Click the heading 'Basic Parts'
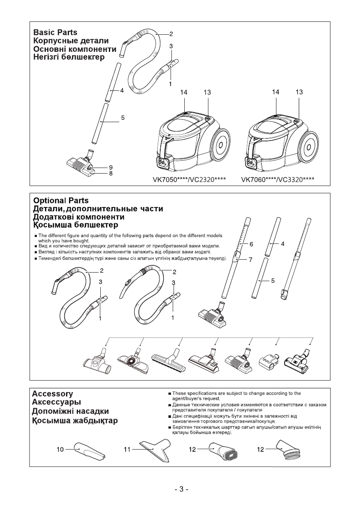click(x=55, y=33)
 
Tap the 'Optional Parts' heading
click(x=61, y=201)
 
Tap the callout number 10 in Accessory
click(x=60, y=450)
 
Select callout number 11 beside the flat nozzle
click(x=127, y=450)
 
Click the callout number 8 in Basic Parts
click(x=111, y=174)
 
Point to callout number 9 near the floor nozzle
click(x=111, y=167)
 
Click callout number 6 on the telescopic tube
click(x=252, y=244)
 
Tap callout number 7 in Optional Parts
click(x=252, y=260)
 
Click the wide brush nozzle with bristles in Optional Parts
click(x=169, y=359)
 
